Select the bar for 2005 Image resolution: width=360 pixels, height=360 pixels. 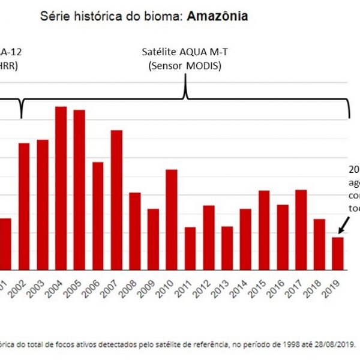(79, 190)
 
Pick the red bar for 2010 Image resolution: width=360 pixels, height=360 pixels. (172, 220)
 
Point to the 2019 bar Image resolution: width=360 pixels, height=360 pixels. (338, 253)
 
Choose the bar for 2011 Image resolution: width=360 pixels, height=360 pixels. (190, 248)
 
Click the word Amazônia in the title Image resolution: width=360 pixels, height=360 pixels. (217, 16)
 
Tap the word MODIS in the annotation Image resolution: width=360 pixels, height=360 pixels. (203, 66)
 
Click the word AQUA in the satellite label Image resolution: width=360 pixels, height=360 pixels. (194, 52)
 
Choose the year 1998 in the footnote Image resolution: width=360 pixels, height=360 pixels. (286, 344)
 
